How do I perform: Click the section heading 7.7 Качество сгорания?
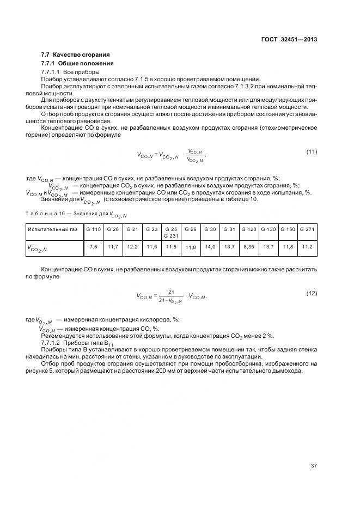pyautogui.click(x=76, y=54)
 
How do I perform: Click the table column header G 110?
pyautogui.click(x=93, y=229)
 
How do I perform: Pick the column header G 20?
pyautogui.click(x=113, y=229)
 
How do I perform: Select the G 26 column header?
pyautogui.click(x=191, y=229)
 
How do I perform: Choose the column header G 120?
pyautogui.click(x=248, y=229)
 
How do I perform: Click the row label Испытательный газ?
pyautogui.click(x=50, y=229)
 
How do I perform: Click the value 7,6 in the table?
pyautogui.click(x=93, y=247)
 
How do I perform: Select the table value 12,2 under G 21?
pyautogui.click(x=132, y=247)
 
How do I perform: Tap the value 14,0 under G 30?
pyautogui.click(x=210, y=247)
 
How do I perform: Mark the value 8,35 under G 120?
pyautogui.click(x=248, y=247)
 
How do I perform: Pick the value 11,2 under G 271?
pyautogui.click(x=307, y=247)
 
